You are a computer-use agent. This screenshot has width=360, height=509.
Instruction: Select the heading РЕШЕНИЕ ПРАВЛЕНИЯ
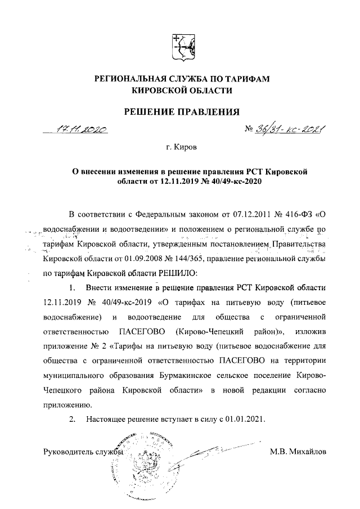click(x=181, y=111)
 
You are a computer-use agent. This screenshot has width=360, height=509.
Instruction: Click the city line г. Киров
click(x=182, y=149)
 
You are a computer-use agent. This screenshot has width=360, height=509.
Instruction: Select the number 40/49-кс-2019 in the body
click(x=130, y=302)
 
